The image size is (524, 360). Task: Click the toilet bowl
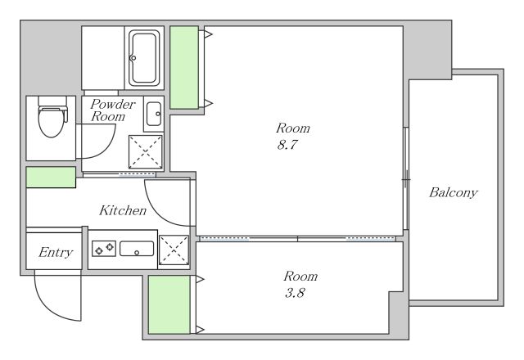tap(51, 121)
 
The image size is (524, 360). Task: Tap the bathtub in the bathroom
tap(144, 58)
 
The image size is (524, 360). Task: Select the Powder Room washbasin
tap(154, 114)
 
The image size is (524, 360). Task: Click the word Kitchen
tap(123, 210)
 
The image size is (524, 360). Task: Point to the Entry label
tap(56, 252)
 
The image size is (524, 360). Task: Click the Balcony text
tap(453, 193)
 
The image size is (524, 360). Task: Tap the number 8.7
tap(287, 145)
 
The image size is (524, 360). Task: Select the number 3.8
tap(295, 293)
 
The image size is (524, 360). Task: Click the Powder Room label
tap(113, 110)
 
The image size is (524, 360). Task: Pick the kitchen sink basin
tap(137, 249)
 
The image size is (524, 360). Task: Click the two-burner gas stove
tap(104, 249)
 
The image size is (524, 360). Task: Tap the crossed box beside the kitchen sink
tap(174, 250)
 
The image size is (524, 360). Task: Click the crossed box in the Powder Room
tap(146, 151)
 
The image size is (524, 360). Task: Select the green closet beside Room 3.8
tap(169, 304)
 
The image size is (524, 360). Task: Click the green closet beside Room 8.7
tap(184, 67)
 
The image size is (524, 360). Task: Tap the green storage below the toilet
tap(51, 177)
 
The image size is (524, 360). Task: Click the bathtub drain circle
tap(133, 58)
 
